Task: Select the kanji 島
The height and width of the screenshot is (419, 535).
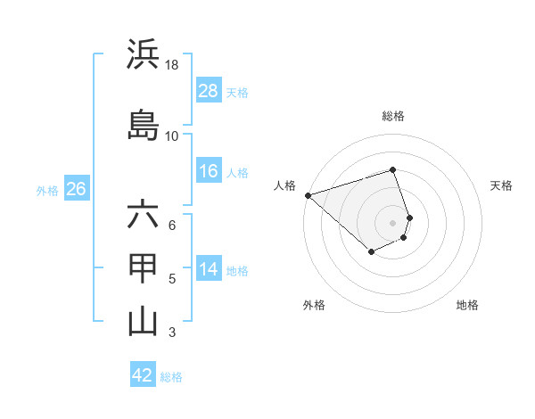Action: pos(143,125)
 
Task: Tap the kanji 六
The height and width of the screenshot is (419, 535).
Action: pos(143,215)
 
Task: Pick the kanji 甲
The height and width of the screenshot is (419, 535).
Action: pos(143,268)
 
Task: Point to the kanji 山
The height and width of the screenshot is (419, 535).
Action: pos(143,321)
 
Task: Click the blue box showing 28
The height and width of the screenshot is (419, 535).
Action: pos(209,91)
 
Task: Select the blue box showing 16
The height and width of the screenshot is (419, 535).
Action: pos(209,171)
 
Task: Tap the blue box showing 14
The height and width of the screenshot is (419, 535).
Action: pos(209,269)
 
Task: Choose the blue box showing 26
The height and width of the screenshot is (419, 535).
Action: pos(76,189)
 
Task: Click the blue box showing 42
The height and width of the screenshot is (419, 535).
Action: pos(143,375)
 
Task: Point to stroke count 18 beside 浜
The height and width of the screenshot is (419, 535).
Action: pos(172,65)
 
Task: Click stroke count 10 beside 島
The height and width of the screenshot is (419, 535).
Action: pos(172,136)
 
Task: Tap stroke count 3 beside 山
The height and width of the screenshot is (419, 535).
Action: pos(172,333)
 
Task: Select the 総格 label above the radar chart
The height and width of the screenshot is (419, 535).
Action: pos(392,116)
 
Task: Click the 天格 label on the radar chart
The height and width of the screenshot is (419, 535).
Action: pos(501,185)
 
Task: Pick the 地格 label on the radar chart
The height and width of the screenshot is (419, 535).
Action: pos(467,305)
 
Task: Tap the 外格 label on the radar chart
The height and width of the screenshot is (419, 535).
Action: pos(314,305)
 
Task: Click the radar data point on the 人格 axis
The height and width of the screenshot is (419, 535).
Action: pos(307,194)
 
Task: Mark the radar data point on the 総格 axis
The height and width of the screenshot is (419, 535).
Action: pos(392,169)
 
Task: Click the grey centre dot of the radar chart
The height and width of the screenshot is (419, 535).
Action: pos(392,222)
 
